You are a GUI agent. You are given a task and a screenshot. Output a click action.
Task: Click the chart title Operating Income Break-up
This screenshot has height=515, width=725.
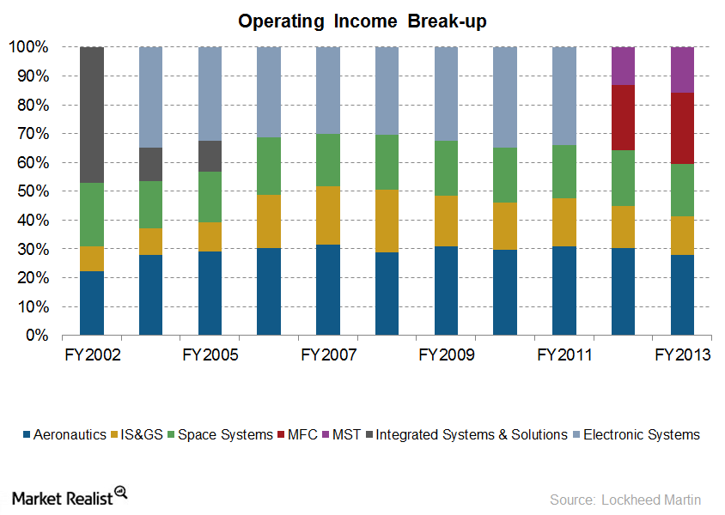pos(362,21)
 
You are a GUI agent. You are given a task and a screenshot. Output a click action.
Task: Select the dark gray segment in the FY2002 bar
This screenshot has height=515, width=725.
pos(92,114)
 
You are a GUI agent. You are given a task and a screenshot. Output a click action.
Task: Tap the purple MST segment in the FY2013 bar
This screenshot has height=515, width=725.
pos(682,70)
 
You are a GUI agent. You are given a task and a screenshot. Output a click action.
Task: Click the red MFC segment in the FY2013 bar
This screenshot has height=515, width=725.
pos(682,129)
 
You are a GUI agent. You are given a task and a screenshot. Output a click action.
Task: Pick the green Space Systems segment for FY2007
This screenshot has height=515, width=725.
pos(328,161)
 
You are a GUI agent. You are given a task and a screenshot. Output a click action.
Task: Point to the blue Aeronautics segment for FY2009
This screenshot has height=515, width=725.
pos(446,290)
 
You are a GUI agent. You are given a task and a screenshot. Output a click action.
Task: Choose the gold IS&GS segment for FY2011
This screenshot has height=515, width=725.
pos(564,222)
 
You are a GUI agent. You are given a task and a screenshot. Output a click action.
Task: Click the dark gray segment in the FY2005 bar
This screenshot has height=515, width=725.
pos(210,156)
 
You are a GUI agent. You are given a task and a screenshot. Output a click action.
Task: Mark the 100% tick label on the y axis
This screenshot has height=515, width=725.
pos(28,46)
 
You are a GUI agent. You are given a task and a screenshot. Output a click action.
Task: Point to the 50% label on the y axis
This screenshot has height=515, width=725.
pos(33,191)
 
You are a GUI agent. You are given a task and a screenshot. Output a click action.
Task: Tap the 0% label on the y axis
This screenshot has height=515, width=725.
pos(37,335)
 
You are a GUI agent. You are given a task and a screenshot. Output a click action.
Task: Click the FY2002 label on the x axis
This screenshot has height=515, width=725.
pos(93,354)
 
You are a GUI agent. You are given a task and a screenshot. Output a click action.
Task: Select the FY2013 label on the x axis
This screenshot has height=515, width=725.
pos(682,354)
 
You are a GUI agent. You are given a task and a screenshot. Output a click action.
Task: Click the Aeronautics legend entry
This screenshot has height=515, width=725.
pos(64,434)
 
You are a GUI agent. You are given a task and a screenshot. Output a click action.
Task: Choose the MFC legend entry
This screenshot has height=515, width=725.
pos(297,434)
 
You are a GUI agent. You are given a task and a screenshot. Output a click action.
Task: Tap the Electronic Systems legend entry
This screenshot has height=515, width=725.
pos(637,434)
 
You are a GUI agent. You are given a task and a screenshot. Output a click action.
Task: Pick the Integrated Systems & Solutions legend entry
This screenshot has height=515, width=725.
pos(466,434)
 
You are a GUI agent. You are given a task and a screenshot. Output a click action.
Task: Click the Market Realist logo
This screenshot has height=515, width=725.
pos(70,497)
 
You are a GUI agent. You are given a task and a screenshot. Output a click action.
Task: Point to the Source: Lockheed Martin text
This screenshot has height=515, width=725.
pos(625,500)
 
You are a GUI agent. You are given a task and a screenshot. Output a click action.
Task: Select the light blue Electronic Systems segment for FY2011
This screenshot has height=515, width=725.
pos(564,96)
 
